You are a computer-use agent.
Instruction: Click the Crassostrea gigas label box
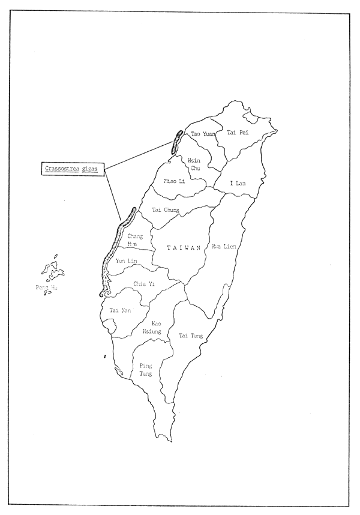(73, 169)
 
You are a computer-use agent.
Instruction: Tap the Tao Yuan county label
(202, 134)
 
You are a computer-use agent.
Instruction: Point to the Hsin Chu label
(194, 164)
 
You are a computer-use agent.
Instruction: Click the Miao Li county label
(174, 181)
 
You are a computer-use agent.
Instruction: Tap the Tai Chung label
(166, 209)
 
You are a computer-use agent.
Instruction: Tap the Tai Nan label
(119, 310)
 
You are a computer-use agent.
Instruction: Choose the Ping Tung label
(146, 369)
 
